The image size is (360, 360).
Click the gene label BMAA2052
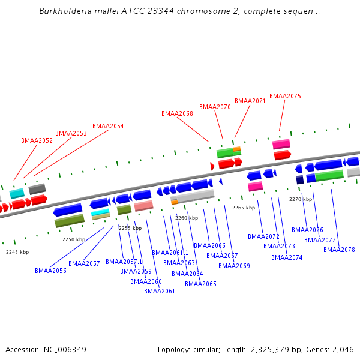pyautogui.click(x=37, y=140)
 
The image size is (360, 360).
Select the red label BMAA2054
pyautogui.click(x=108, y=126)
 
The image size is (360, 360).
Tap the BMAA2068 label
pyautogui.click(x=177, y=113)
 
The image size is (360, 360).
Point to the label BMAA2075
pyautogui.click(x=285, y=96)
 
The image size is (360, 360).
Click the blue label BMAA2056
pyautogui.click(x=50, y=271)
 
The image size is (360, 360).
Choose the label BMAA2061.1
pyautogui.click(x=170, y=253)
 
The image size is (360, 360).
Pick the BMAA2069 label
pyautogui.click(x=234, y=266)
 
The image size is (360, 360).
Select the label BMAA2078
pyautogui.click(x=339, y=250)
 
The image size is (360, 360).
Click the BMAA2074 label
pyautogui.click(x=287, y=257)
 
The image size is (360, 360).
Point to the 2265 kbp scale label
pyautogui.click(x=244, y=208)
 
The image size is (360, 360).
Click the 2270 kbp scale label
pyautogui.click(x=301, y=199)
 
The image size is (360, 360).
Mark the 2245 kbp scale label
pyautogui.click(x=17, y=252)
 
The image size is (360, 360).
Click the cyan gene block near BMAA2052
pyautogui.click(x=17, y=193)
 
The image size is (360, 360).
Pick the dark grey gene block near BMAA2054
pyautogui.click(x=37, y=189)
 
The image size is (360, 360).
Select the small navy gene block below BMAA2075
pyautogui.click(x=300, y=180)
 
